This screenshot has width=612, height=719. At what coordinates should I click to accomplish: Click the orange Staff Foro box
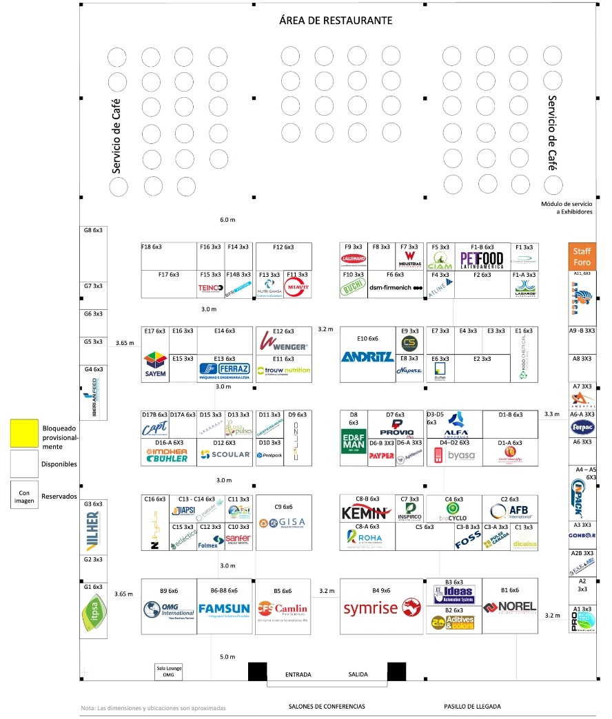tap(582, 256)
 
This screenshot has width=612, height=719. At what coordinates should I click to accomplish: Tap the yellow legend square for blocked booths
tap(24, 433)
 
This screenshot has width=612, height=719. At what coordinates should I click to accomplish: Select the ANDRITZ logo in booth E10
tap(368, 357)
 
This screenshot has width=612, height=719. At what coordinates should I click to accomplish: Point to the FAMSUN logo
tap(225, 609)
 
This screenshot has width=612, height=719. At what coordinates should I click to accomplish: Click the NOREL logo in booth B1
tap(510, 607)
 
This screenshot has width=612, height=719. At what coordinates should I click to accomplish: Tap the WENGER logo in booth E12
tap(283, 342)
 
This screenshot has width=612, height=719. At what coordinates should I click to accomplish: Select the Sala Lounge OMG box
tap(169, 672)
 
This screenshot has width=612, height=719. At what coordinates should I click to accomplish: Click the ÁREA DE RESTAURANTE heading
tap(336, 21)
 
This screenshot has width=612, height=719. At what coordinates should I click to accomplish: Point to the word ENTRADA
tap(298, 674)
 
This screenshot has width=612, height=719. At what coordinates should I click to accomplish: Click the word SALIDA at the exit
tap(358, 674)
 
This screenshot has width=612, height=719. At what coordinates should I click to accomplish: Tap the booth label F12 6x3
tap(283, 247)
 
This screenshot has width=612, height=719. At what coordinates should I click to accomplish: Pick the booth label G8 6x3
tap(93, 231)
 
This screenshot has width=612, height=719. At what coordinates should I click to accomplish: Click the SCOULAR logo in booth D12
tap(225, 455)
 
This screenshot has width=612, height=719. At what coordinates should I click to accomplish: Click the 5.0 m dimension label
tap(227, 656)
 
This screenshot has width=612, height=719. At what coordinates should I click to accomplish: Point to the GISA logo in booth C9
tap(283, 523)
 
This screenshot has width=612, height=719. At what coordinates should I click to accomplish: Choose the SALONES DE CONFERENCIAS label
tap(327, 707)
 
